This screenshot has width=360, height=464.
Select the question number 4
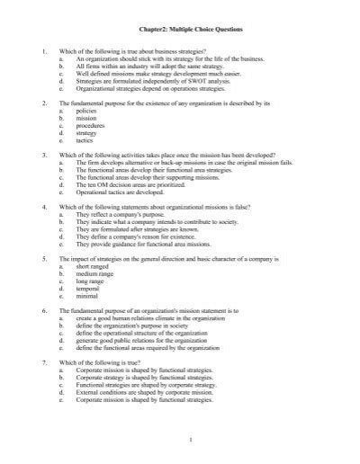pyautogui.click(x=45, y=208)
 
